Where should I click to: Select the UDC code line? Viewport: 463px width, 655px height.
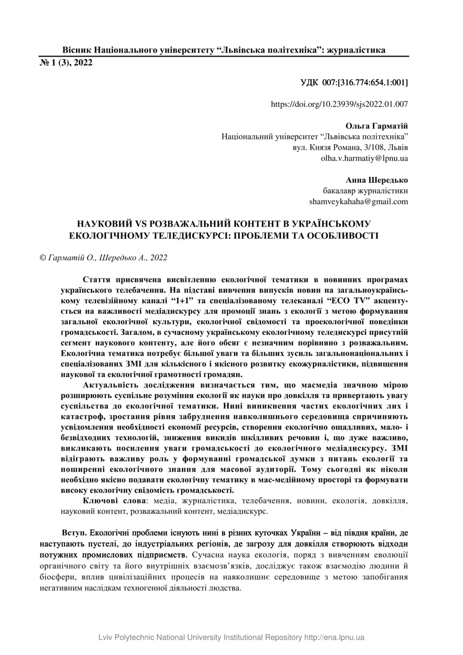coord(354,83)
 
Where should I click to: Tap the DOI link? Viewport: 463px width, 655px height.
coord(339,105)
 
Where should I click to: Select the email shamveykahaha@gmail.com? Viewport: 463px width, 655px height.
coord(358,201)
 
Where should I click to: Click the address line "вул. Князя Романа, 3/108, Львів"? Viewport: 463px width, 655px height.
coord(350,147)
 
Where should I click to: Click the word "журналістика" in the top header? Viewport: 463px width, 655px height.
coord(356,50)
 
